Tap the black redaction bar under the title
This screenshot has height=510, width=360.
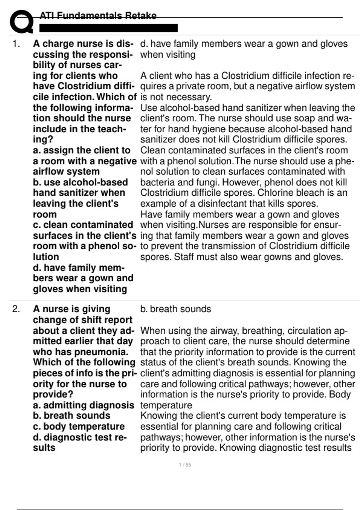point(109,28)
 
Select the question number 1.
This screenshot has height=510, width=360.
point(16,44)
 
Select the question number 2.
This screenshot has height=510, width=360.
point(16,309)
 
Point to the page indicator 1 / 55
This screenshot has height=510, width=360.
point(185,465)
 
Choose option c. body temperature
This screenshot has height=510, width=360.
point(79,426)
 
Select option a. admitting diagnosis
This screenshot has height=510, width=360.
point(83,405)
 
